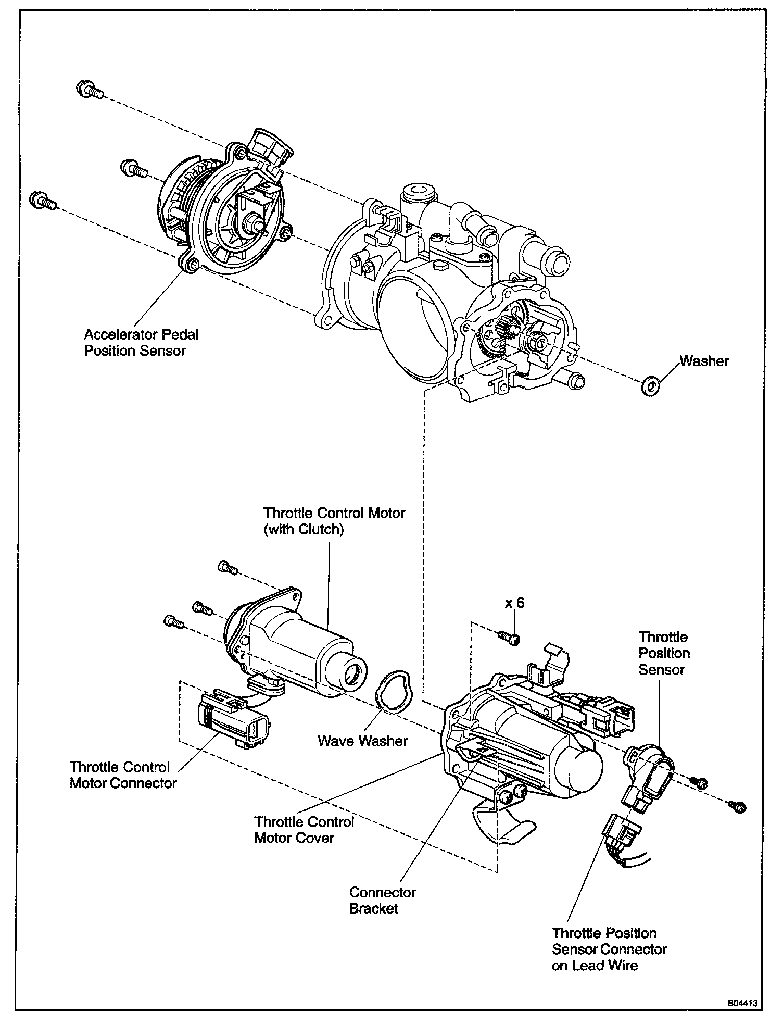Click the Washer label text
pos(704,361)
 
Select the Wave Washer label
pos(362,741)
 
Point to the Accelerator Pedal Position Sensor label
pos(141,342)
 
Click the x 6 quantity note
pos(514,603)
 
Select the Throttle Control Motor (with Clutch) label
pos(334,521)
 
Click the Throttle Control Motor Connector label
pos(123,775)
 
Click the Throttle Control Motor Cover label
pos(304,829)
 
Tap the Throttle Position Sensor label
pos(664,653)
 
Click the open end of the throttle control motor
pos(352,677)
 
